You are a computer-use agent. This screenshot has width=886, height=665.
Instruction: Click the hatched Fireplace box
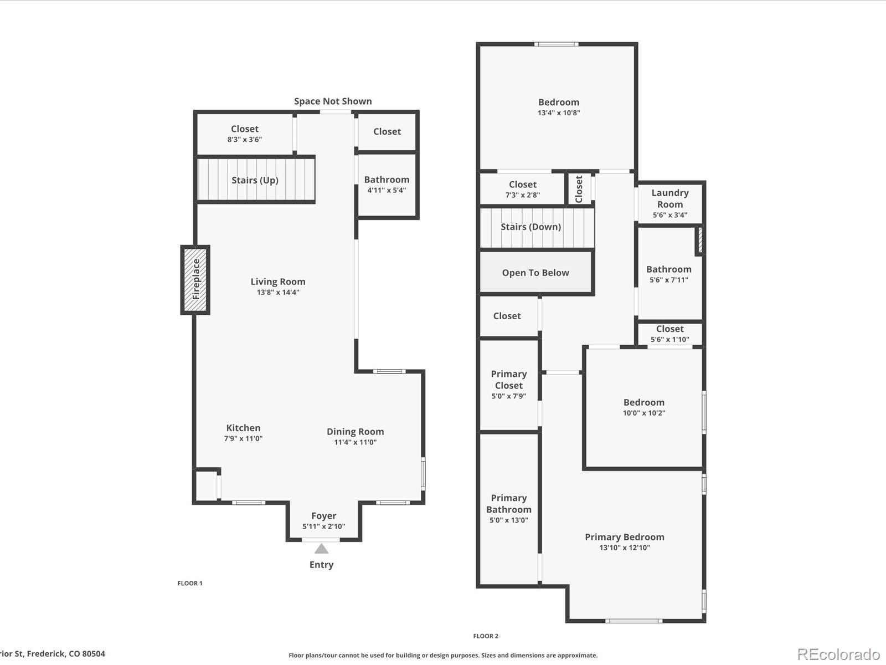[x=195, y=280]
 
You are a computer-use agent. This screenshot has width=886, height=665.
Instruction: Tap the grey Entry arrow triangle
[x=321, y=549]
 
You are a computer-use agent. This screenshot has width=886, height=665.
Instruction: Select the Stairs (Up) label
[x=255, y=180]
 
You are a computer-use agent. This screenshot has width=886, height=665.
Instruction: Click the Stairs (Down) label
[x=530, y=227]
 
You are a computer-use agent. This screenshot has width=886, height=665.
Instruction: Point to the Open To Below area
[x=535, y=273]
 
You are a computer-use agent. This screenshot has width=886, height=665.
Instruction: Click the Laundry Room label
[x=669, y=198]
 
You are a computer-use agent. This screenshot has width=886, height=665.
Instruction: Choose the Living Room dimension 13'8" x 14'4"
[x=277, y=292]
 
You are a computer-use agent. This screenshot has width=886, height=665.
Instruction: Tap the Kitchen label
[x=243, y=428]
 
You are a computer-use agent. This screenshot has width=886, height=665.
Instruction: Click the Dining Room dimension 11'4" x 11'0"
[x=355, y=442]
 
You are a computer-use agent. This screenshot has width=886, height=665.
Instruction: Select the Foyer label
[x=323, y=516]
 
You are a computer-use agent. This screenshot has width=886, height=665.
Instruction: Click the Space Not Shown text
[x=333, y=101]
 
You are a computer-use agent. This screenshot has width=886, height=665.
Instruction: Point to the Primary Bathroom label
[x=508, y=504]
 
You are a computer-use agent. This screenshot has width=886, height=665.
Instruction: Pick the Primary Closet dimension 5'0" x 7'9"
[x=508, y=396]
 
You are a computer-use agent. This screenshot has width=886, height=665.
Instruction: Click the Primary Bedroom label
[x=624, y=537]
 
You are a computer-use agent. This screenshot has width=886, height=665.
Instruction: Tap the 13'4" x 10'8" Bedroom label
[x=559, y=103]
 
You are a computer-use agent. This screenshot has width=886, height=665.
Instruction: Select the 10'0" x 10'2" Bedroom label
[x=643, y=403]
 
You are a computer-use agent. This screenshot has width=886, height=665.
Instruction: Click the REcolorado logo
[x=838, y=654]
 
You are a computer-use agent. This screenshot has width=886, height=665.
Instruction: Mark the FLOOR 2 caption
[x=486, y=636]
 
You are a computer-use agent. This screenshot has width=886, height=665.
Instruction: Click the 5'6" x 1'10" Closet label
[x=669, y=329]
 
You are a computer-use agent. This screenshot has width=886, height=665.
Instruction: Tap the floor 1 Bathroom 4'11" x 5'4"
[x=387, y=180]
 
